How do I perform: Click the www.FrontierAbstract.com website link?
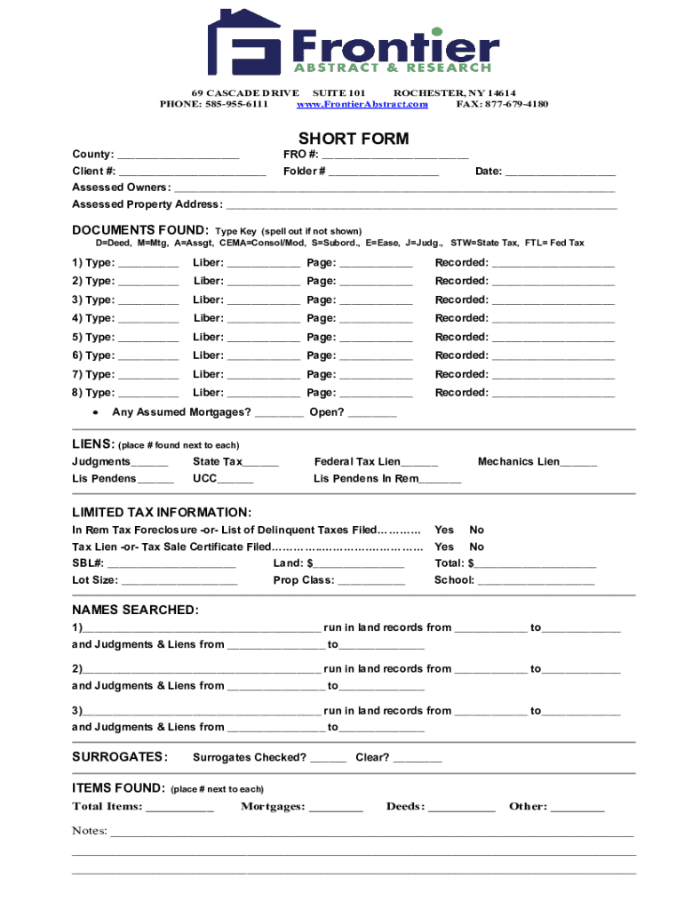click(x=362, y=104)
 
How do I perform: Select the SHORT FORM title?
click(x=354, y=139)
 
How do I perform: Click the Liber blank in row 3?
click(x=264, y=300)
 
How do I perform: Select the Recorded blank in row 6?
click(x=553, y=356)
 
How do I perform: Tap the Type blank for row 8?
click(x=148, y=394)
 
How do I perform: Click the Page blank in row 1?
click(x=376, y=263)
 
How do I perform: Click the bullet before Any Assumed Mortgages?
click(x=95, y=413)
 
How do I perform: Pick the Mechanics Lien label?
click(x=519, y=461)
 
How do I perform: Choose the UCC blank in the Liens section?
click(x=235, y=480)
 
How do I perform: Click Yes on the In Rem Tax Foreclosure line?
click(x=444, y=530)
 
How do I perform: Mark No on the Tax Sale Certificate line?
click(x=477, y=547)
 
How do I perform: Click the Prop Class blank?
click(x=371, y=581)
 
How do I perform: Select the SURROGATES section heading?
click(x=120, y=757)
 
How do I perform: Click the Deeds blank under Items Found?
click(x=462, y=808)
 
